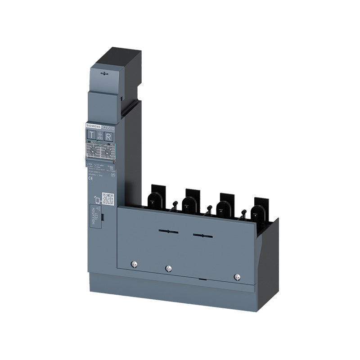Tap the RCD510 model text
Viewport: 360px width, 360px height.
108,128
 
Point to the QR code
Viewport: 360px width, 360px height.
107,198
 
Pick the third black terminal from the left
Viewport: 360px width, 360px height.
223,203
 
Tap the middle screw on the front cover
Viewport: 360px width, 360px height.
168,269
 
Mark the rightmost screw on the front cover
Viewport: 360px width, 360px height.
236,277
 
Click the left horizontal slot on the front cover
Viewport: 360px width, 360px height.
168,232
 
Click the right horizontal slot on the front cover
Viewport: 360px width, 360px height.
202,235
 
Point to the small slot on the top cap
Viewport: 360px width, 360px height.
104,73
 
